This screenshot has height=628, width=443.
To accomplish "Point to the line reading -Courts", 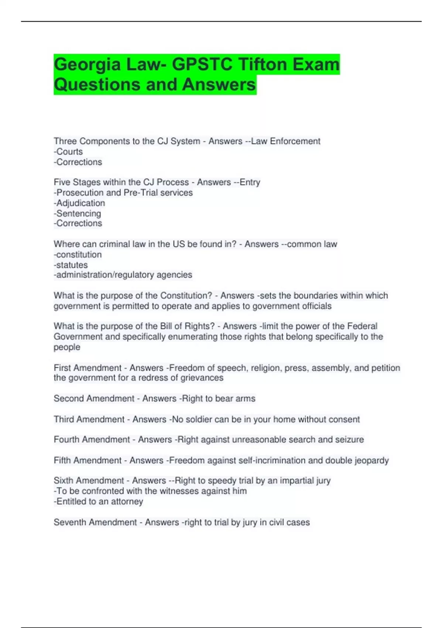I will coord(68,151).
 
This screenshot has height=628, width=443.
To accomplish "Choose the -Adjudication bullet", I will coord(79,203).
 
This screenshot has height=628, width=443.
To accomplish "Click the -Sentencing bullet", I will coord(78,213).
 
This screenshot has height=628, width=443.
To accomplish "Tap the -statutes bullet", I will coord(71,265).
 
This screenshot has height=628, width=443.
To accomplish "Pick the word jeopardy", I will coord(371,461).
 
